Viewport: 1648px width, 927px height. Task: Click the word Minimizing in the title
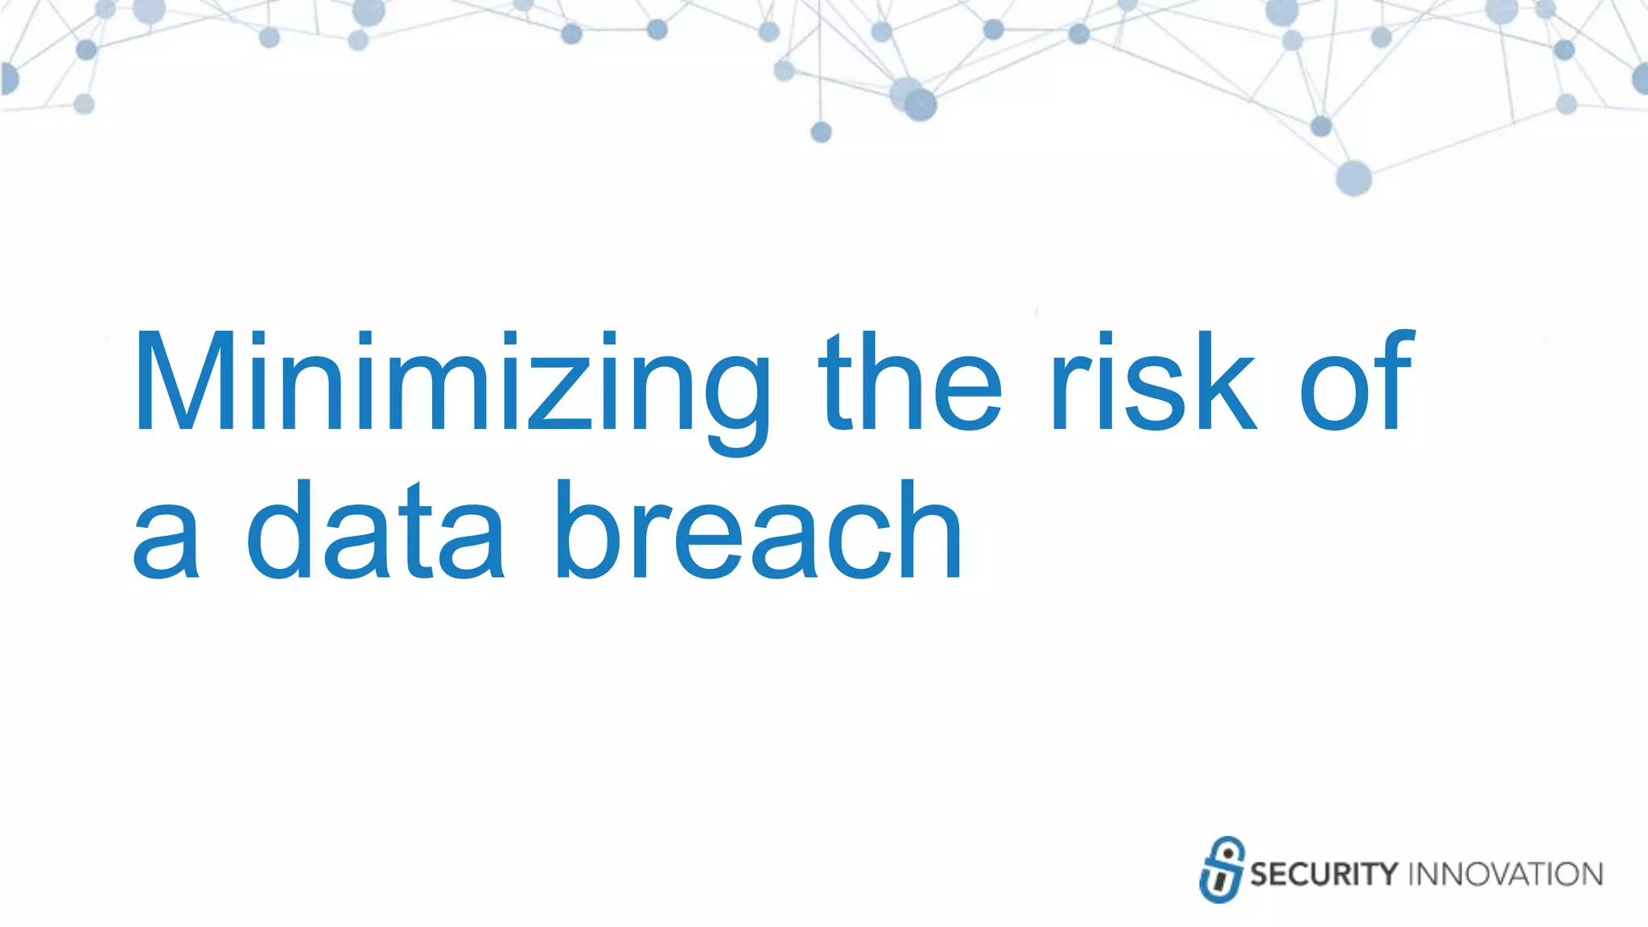click(x=451, y=385)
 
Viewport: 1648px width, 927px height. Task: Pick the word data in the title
click(x=375, y=531)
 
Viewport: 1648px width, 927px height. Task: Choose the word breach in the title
click(x=758, y=531)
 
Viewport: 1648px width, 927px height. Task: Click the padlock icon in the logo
click(x=1222, y=870)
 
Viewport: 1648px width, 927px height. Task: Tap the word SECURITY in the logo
click(x=1324, y=875)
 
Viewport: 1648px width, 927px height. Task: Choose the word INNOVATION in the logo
click(x=1506, y=875)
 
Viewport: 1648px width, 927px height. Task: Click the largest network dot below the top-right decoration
click(x=1353, y=177)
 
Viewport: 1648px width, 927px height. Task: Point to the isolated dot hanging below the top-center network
click(x=821, y=132)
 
